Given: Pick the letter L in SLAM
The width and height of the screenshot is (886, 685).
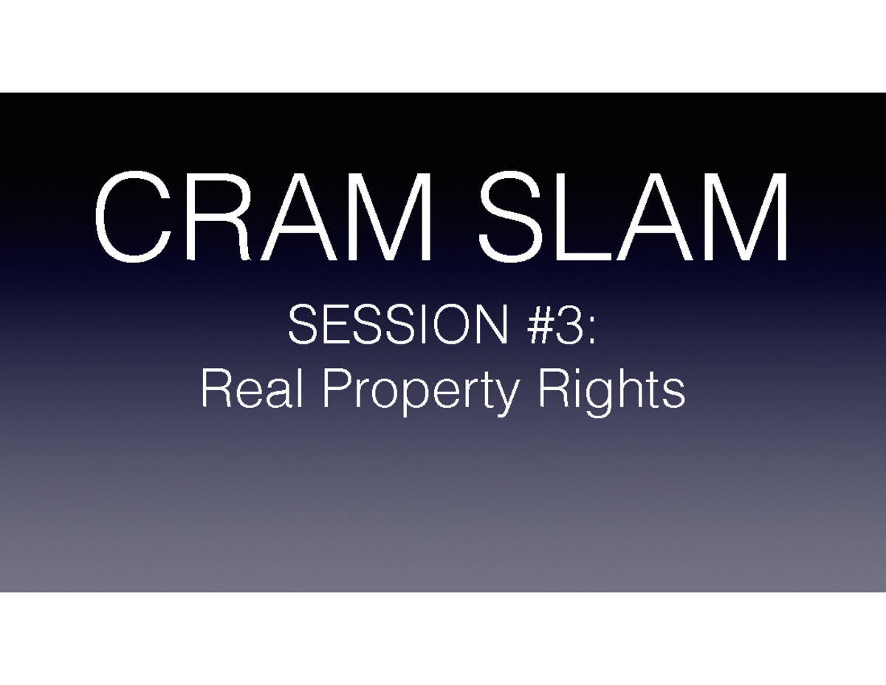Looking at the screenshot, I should click(583, 217).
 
